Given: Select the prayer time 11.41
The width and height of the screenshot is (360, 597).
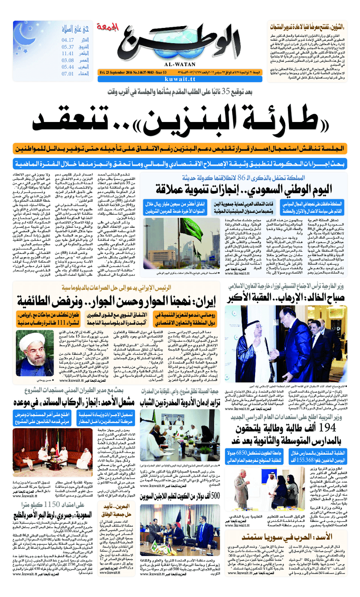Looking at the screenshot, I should point(68,53).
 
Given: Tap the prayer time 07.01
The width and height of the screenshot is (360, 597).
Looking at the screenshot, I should point(68,73).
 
